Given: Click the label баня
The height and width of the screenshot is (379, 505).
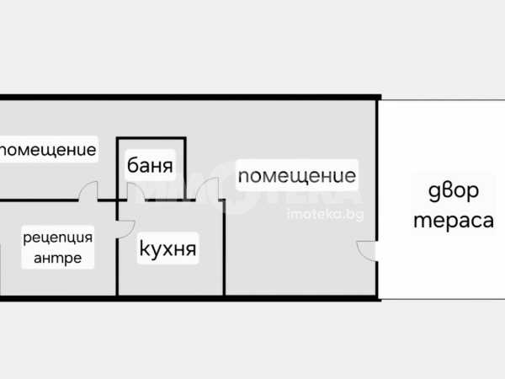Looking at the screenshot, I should coord(151,165).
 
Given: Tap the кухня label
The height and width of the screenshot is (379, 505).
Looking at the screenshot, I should coord(167,248).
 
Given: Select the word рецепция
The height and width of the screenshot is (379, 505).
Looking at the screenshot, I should coord(57,238).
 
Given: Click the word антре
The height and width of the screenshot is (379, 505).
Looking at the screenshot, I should coord(57,258).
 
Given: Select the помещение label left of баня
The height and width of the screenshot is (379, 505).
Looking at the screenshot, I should coord(48,151).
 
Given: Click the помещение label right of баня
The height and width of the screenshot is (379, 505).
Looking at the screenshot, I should coord(296,177).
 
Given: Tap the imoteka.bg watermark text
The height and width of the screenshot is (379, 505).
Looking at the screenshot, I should coord(325,216).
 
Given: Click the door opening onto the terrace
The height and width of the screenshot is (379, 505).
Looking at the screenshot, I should coord(368,249).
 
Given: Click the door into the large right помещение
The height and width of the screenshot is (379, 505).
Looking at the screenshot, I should coord(211,192).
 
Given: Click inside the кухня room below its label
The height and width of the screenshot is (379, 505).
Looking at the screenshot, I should coord(168,278).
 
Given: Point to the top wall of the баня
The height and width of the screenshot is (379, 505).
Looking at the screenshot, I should coord(151,138).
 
